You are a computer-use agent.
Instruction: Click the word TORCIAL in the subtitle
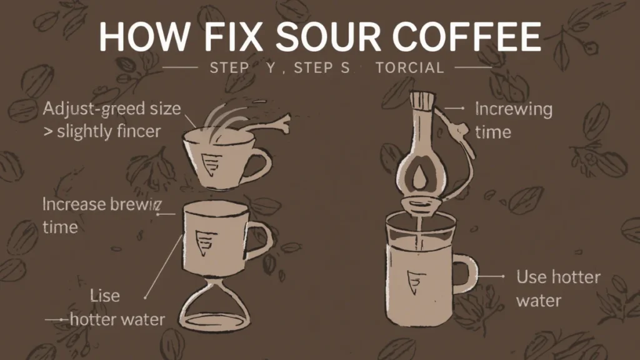410,67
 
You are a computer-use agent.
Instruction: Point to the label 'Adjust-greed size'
112,108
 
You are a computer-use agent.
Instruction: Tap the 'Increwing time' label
513,120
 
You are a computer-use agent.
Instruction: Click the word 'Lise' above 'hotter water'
104,295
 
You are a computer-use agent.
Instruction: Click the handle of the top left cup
259,162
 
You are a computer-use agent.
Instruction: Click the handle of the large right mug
466,276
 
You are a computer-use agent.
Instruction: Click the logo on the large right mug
413,281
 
